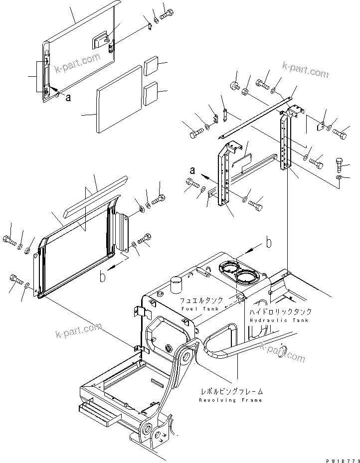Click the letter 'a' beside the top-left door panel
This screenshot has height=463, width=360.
68,98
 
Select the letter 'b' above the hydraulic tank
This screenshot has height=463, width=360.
268,243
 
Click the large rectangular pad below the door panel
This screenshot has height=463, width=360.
120,100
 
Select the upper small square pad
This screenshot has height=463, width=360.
152,65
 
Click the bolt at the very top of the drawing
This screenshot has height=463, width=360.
168,12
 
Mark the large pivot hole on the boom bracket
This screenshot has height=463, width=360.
188,357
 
